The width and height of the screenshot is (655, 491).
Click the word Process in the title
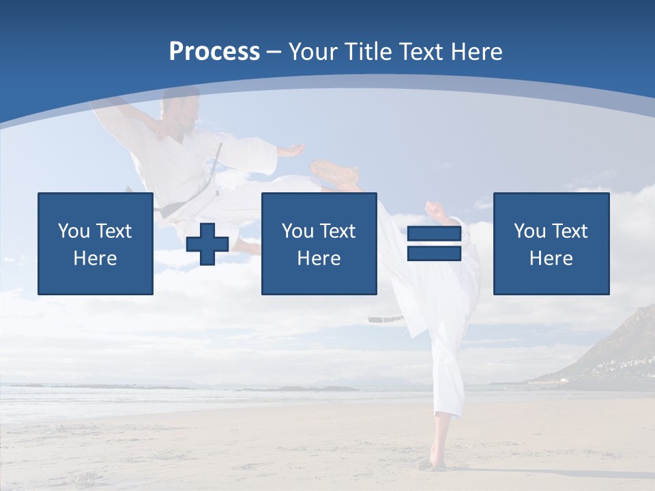[214, 52]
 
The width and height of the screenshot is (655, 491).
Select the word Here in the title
[476, 52]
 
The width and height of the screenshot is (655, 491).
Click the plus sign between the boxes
[207, 244]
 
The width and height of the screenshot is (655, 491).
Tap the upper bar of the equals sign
[434, 233]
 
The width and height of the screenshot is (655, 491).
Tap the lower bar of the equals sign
[434, 254]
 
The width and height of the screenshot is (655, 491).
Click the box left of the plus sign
[96, 243]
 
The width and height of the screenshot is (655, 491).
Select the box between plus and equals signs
[319, 243]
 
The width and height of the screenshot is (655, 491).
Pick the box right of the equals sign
[551, 243]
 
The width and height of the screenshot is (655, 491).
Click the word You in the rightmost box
[529, 231]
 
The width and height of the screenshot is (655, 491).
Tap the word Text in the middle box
[338, 231]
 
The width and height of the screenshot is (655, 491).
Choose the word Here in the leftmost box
[96, 258]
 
